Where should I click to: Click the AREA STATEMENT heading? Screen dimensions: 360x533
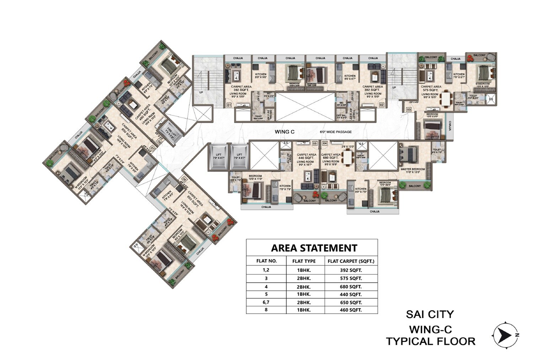314,247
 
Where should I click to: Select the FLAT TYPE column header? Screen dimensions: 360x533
304,261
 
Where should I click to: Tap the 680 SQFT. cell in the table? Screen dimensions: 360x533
350,287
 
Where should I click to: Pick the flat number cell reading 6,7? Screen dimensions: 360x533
266,302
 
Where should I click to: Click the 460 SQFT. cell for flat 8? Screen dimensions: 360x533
350,310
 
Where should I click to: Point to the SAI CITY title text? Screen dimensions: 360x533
430,314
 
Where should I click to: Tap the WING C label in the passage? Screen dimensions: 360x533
285,132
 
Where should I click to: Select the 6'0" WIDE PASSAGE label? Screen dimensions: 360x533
335,132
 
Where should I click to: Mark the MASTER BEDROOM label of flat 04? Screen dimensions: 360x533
413,169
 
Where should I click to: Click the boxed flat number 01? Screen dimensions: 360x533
229,105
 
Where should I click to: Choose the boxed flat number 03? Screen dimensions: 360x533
409,110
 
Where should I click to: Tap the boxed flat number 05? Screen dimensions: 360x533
314,143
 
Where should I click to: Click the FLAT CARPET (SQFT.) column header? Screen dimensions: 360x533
351,261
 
